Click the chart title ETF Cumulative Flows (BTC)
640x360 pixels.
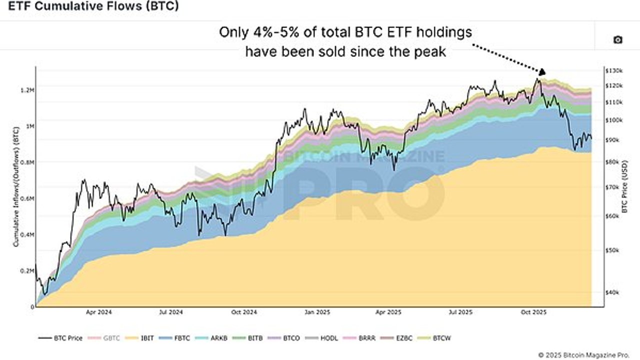click(93, 6)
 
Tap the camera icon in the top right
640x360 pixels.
click(618, 39)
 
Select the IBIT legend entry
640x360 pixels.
click(140, 338)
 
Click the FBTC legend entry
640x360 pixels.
click(174, 338)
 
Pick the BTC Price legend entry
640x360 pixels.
click(60, 338)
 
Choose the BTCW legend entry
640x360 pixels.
click(434, 338)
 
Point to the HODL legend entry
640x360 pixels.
click(321, 338)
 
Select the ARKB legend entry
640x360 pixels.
click(211, 338)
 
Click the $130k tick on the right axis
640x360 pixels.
click(613, 70)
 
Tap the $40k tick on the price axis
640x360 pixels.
click(612, 292)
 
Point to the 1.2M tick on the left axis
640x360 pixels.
click(27, 90)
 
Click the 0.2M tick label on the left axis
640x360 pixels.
click(27, 271)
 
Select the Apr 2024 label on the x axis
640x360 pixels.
click(99, 312)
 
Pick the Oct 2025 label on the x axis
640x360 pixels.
click(533, 312)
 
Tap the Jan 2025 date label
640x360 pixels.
click(317, 312)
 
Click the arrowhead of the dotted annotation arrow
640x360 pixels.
click(542, 71)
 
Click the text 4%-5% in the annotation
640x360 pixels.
click(276, 32)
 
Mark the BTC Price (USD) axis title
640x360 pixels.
click(625, 186)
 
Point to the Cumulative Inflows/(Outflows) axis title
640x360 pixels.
click(16, 187)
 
